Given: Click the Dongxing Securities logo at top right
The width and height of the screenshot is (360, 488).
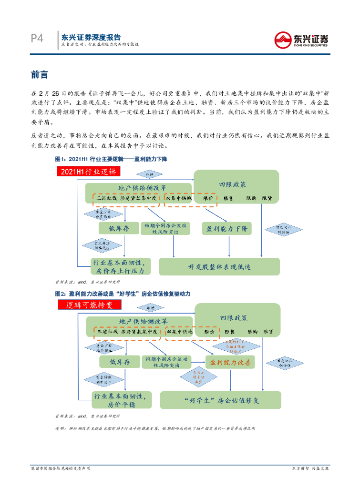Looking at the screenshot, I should pyautogui.click(x=301, y=39).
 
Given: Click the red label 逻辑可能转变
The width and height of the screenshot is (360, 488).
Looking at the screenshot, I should pyautogui.click(x=89, y=305).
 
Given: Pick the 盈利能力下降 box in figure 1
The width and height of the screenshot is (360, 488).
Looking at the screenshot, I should pyautogui.click(x=227, y=229).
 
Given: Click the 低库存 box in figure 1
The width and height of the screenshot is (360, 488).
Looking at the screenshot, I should pyautogui.click(x=119, y=229).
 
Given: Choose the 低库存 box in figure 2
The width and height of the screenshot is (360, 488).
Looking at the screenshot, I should pyautogui.click(x=120, y=363).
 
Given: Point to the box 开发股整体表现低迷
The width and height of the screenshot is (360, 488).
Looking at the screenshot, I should pyautogui.click(x=219, y=267).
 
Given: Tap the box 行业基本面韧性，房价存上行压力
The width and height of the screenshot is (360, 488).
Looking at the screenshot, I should pyautogui.click(x=121, y=266).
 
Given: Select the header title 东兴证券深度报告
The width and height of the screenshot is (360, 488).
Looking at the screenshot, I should pyautogui.click(x=91, y=37).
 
